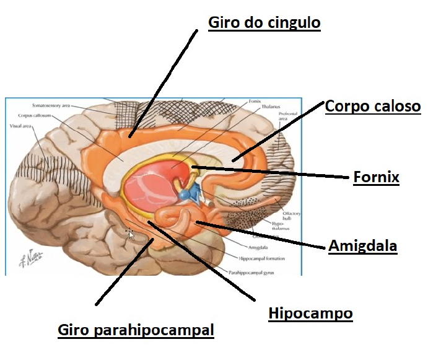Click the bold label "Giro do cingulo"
tap(264, 24)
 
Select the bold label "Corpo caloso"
tap(373, 106)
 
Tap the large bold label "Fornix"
tap(376, 178)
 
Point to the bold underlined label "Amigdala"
tap(362, 246)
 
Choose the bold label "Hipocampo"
tap(310, 314)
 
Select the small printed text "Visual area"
tap(23, 125)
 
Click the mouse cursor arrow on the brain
tap(130, 234)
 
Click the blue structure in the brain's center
tap(188, 194)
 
